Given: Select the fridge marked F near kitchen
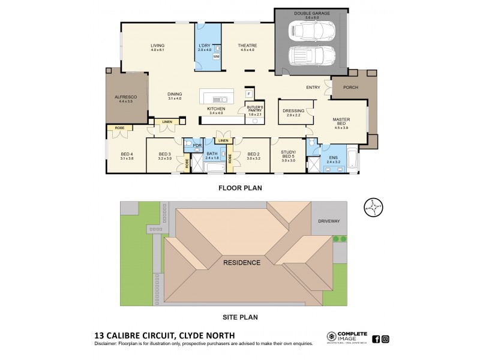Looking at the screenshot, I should [248, 94].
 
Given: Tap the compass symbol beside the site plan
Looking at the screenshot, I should [373, 208].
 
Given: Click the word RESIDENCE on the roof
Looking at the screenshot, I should [242, 262].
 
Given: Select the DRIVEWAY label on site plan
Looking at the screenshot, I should [329, 221].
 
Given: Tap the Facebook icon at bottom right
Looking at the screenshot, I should [376, 339].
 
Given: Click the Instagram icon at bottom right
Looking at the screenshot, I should [385, 339].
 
